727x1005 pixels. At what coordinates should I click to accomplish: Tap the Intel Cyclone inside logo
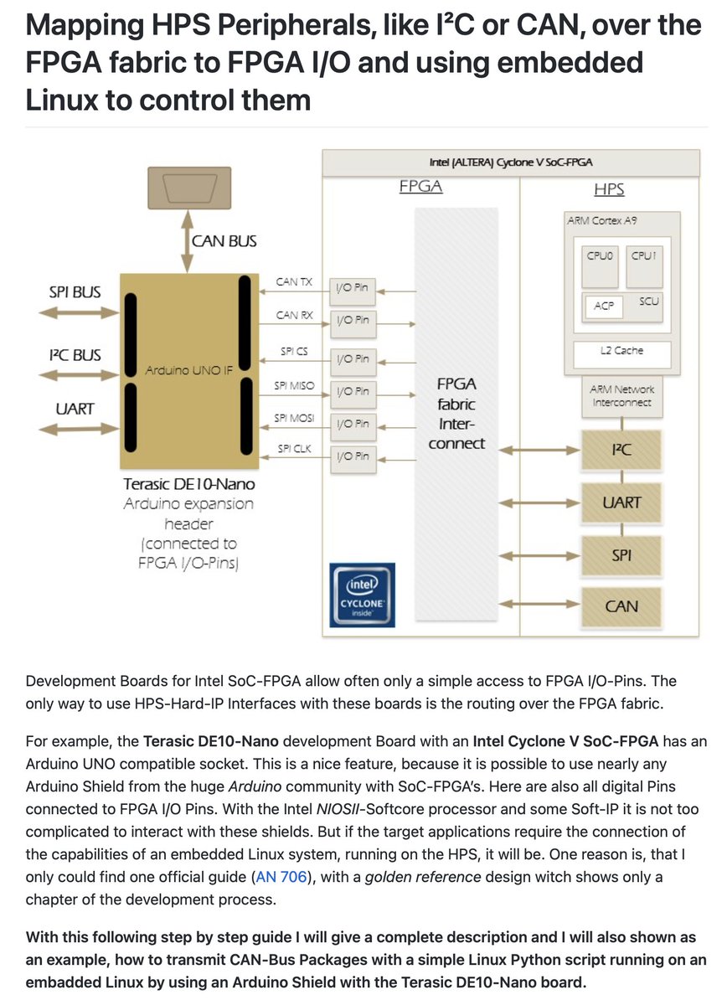[x=362, y=595]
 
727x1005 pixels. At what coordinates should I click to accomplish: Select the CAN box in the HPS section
[x=621, y=606]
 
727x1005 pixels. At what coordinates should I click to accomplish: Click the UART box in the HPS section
[x=621, y=502]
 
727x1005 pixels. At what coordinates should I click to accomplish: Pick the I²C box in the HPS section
[x=621, y=451]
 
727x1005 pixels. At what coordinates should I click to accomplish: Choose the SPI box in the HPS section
[x=621, y=554]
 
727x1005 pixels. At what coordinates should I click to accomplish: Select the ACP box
[x=603, y=306]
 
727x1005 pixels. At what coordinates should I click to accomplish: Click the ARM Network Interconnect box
[x=622, y=396]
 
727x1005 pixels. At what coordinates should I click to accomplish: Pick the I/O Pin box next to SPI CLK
[x=353, y=456]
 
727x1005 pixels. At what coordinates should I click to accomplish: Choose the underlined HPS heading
[x=609, y=190]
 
